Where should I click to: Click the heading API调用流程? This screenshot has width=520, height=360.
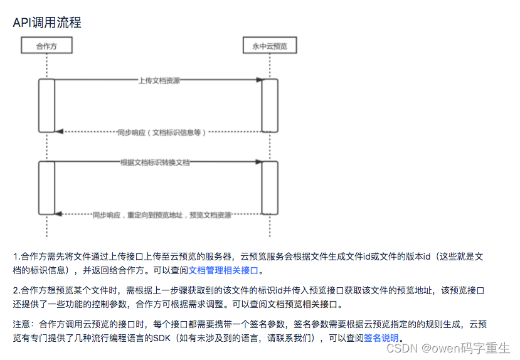pyautogui.click(x=47, y=23)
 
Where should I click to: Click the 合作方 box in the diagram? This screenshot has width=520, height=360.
pyautogui.click(x=46, y=46)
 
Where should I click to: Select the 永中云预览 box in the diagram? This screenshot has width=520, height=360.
pyautogui.click(x=270, y=46)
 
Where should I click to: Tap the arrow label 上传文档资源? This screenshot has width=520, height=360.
pyautogui.click(x=158, y=80)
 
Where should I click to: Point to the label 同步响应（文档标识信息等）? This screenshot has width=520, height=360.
pyautogui.click(x=161, y=132)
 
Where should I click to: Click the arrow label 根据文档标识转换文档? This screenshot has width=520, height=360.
pyautogui.click(x=155, y=162)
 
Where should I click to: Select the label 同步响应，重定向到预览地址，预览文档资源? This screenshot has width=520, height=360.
pyautogui.click(x=162, y=215)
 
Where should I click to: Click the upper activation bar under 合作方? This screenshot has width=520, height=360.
pyautogui.click(x=46, y=105)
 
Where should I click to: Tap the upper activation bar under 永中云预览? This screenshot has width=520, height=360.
pyautogui.click(x=270, y=105)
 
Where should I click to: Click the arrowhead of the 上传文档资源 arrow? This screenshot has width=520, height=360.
pyautogui.click(x=258, y=80)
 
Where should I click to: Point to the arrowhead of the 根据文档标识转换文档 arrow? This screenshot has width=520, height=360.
pyautogui.click(x=258, y=162)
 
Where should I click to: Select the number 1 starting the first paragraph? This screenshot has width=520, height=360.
pyautogui.click(x=15, y=257)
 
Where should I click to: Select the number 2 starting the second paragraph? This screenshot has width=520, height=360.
pyautogui.click(x=15, y=290)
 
